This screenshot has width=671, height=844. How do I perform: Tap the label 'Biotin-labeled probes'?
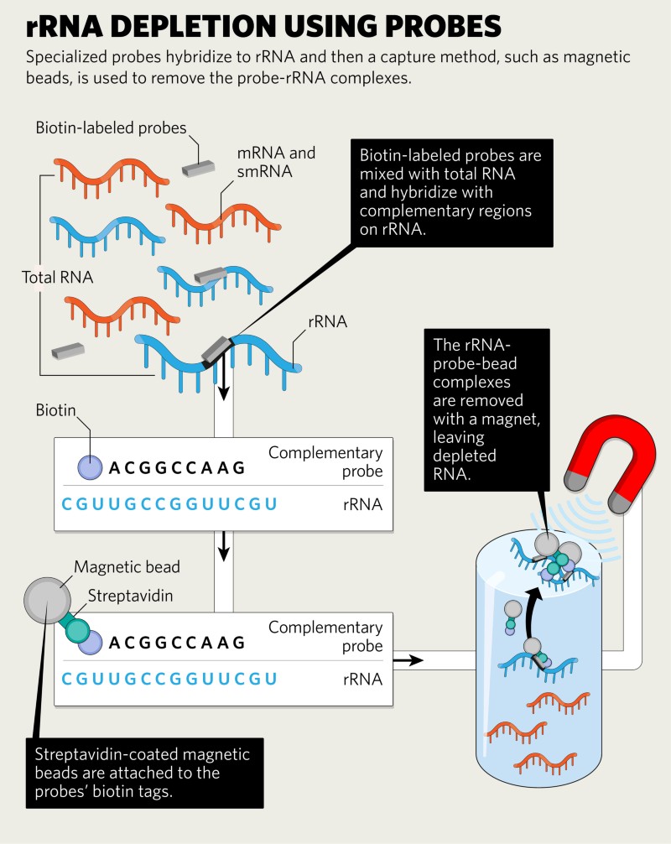point(111,128)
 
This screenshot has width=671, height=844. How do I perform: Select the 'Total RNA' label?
point(58,277)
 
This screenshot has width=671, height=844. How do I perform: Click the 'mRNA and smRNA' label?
point(276,162)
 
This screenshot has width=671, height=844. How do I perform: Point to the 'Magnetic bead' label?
point(127,567)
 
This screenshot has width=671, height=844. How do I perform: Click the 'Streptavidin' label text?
point(130,596)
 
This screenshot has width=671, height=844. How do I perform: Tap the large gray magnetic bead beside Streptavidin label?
point(47,601)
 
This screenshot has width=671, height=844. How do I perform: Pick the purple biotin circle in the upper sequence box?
point(90,467)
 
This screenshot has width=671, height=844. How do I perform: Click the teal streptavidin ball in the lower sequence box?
point(78,630)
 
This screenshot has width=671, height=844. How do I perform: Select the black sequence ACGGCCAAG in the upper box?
point(177,468)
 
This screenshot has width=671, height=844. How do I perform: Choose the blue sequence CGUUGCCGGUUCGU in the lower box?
point(169,679)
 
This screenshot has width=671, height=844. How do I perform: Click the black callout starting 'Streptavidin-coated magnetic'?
point(145,773)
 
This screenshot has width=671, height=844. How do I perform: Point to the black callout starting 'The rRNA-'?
point(487,409)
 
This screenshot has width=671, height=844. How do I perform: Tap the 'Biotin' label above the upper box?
point(55,410)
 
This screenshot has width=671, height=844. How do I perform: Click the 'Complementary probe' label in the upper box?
point(325,461)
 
